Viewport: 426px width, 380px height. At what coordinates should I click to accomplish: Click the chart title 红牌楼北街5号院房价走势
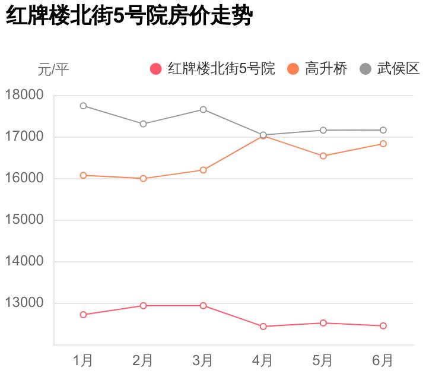(x=129, y=17)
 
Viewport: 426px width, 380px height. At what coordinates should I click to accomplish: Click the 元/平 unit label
(x=53, y=69)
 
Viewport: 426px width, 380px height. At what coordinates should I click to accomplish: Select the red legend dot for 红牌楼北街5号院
(x=156, y=69)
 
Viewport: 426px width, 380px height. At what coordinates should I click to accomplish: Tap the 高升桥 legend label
(x=326, y=69)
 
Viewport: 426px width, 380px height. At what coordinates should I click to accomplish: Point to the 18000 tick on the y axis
(x=24, y=95)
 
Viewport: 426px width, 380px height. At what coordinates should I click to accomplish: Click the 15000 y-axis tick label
(x=24, y=220)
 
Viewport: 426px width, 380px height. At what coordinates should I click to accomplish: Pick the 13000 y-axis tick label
(x=24, y=303)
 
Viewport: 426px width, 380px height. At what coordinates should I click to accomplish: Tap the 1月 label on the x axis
(x=83, y=360)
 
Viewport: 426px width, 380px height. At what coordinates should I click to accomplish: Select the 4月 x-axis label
(x=263, y=360)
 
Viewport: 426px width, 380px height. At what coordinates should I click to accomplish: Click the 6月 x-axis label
(x=383, y=360)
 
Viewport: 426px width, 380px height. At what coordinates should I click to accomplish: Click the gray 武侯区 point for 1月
(x=83, y=106)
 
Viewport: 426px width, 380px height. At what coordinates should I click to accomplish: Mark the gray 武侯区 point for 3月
(x=203, y=109)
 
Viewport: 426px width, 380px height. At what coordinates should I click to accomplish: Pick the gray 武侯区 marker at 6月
(x=383, y=130)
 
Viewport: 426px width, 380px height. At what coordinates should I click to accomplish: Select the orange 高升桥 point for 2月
(x=143, y=178)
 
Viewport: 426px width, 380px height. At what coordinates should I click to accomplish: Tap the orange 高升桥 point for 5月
(x=323, y=156)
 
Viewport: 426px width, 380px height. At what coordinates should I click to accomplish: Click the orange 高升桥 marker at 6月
(x=383, y=144)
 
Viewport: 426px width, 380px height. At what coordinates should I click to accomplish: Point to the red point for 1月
(x=83, y=315)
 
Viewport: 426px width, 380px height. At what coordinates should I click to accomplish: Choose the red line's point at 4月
(x=263, y=327)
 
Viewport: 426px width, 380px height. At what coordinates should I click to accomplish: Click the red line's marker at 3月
(x=203, y=306)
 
